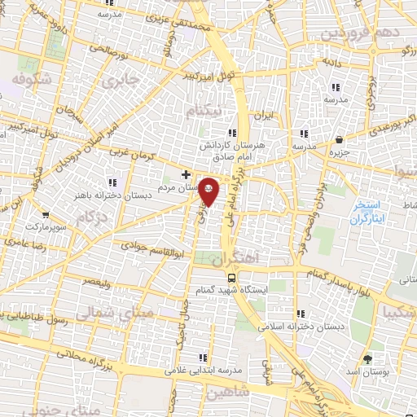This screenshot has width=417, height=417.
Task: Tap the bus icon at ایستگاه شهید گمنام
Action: click(211, 278)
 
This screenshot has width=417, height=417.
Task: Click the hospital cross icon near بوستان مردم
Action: click(187, 174)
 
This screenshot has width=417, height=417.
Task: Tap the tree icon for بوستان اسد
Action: click(367, 358)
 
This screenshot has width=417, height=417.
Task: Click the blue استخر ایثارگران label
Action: click(371, 212)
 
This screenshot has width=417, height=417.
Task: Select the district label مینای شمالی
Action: click(101, 312)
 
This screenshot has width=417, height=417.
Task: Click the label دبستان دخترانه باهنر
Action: click(112, 195)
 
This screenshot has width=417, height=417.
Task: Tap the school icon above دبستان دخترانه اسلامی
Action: click(301, 313)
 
